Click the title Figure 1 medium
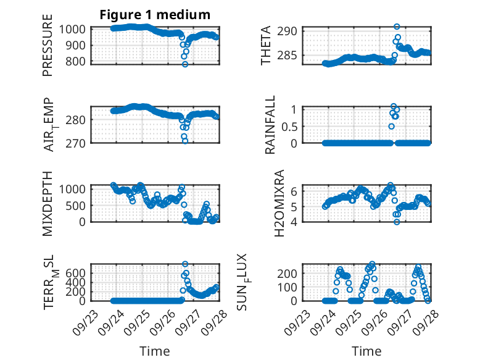(155, 15)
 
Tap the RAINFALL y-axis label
(270, 126)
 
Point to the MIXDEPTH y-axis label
(48, 203)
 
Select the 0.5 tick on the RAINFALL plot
(290, 126)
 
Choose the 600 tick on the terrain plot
(78, 272)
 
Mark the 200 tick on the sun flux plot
(290, 273)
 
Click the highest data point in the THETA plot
(397, 27)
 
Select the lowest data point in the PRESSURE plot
(184, 64)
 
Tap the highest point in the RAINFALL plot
(394, 106)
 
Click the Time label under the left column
(155, 351)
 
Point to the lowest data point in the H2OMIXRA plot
(397, 222)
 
